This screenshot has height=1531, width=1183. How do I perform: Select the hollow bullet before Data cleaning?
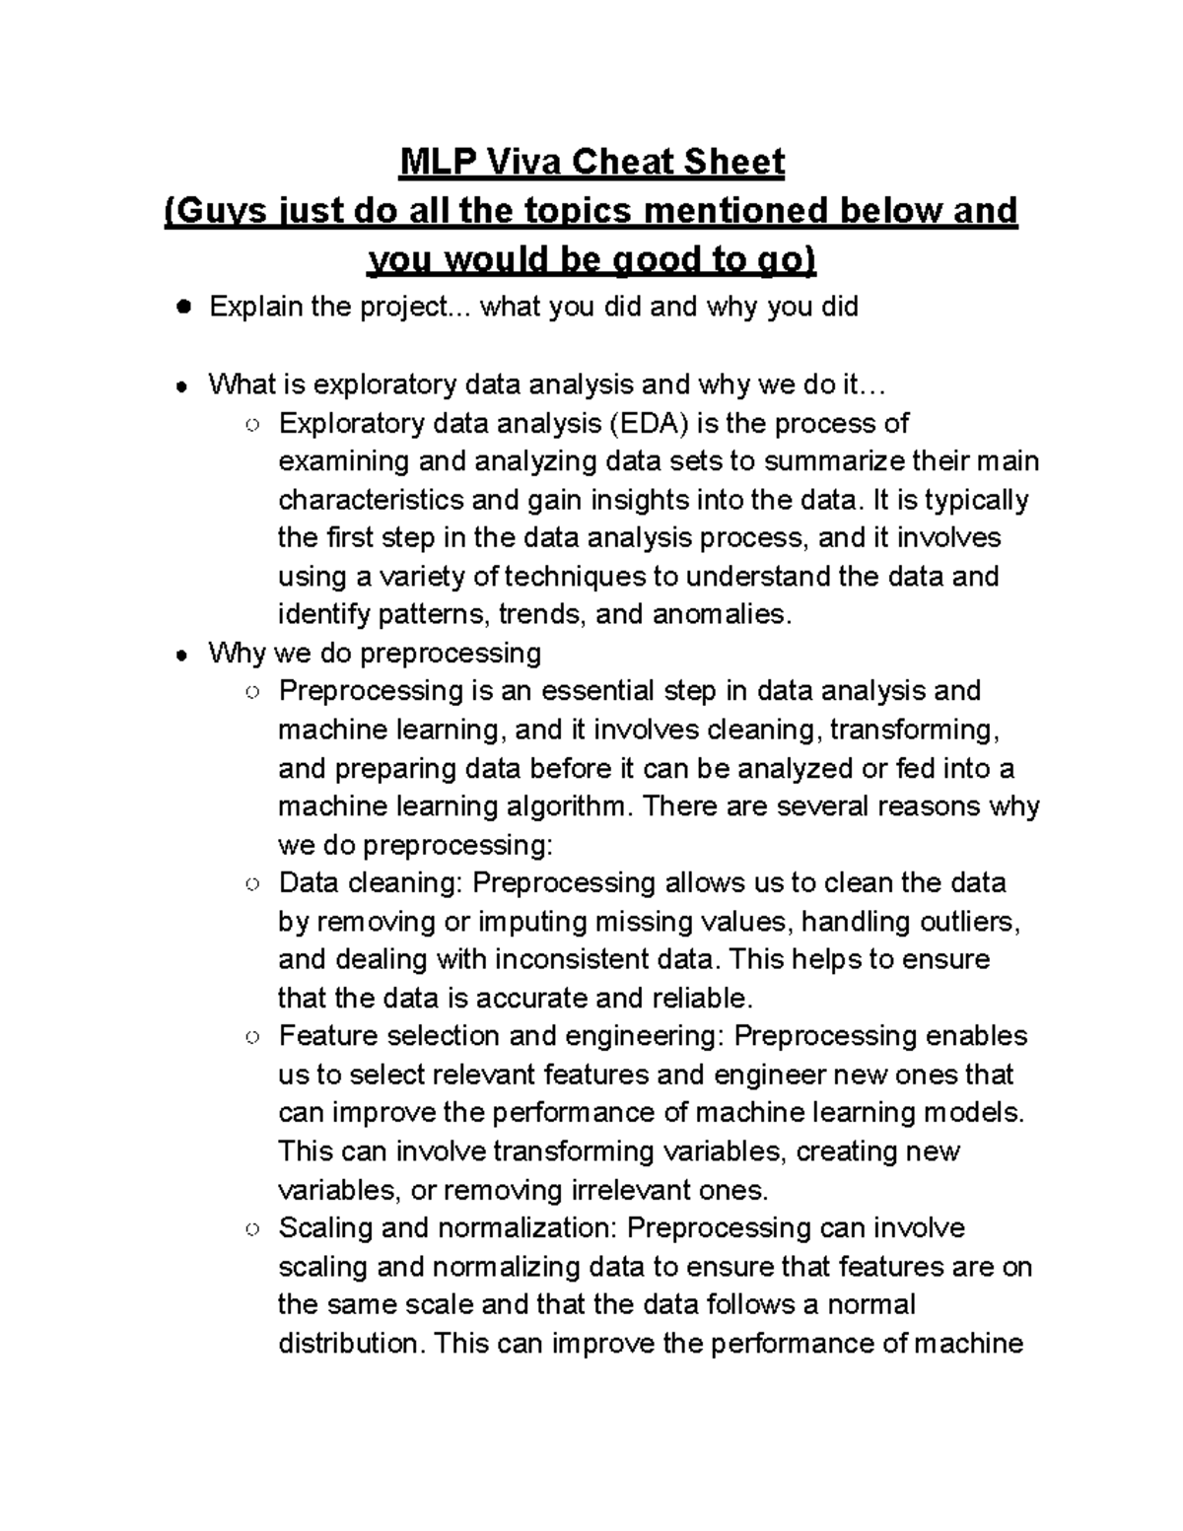[x=253, y=884]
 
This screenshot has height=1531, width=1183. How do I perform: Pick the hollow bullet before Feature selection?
[x=253, y=1037]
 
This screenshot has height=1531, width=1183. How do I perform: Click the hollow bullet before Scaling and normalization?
[x=253, y=1229]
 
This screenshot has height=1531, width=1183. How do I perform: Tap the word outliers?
[x=969, y=922]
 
